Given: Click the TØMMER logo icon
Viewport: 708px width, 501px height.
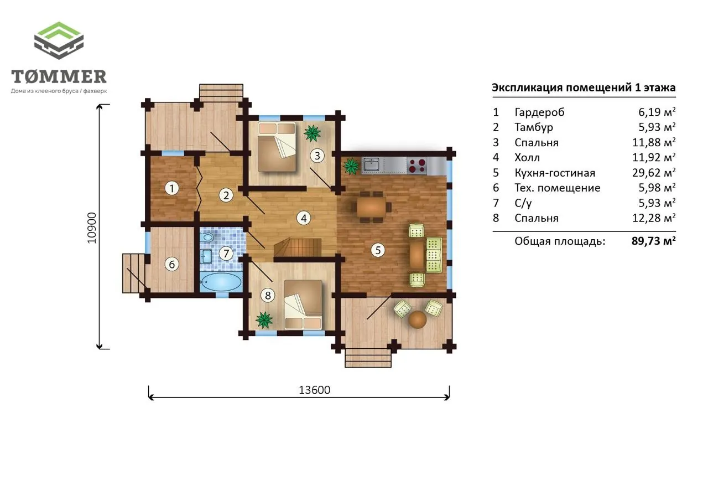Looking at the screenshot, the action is click(x=59, y=40).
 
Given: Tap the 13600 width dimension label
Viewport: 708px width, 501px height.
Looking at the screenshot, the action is click(x=315, y=390).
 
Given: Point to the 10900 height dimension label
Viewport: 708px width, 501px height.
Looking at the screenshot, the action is click(x=92, y=228).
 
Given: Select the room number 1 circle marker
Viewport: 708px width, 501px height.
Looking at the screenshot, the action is click(x=171, y=189).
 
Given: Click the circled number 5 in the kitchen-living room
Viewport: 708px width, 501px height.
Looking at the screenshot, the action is click(x=378, y=250).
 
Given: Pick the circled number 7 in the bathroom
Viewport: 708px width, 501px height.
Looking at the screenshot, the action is click(x=226, y=254).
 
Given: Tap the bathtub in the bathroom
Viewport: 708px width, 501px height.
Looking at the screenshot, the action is click(x=221, y=282).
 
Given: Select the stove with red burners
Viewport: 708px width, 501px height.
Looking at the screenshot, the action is click(x=417, y=166).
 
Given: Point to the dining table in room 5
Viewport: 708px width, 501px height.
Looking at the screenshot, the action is click(x=371, y=207).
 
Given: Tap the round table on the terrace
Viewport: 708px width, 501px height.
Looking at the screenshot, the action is click(x=417, y=319).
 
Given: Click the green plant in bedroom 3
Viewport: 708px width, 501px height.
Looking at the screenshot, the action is click(x=313, y=133).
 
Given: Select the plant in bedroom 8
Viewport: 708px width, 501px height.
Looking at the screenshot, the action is click(x=264, y=320).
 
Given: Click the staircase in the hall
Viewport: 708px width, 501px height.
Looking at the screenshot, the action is click(x=298, y=247).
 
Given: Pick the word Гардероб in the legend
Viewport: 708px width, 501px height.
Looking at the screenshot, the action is click(x=539, y=112).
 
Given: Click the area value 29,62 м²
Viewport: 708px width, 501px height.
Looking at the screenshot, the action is click(x=654, y=173).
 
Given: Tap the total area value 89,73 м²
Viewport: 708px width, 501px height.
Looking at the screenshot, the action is click(x=654, y=241).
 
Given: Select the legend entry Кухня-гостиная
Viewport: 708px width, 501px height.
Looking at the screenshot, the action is click(x=555, y=173).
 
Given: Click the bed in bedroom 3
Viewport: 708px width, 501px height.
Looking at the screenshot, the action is click(x=277, y=147).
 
